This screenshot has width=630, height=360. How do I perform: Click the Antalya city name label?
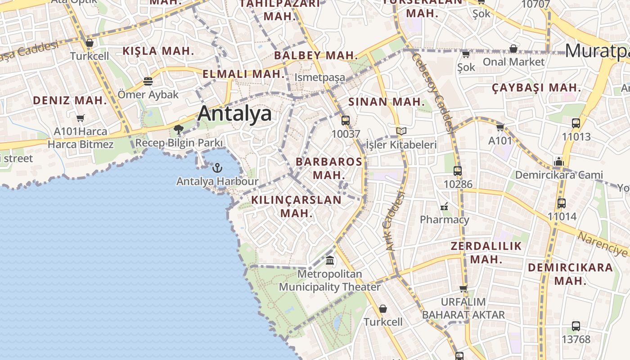(x=234, y=113)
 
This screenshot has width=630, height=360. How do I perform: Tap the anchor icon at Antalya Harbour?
(x=217, y=168)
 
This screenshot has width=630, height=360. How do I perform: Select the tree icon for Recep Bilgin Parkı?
(x=179, y=130)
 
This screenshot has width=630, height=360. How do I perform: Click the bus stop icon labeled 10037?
(x=345, y=121)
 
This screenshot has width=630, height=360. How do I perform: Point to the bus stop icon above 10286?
(x=458, y=171)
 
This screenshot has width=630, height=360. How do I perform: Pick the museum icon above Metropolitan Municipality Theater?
(x=330, y=261)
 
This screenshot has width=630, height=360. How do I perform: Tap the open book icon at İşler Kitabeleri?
(x=401, y=131)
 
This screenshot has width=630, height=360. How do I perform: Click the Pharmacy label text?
(x=444, y=220)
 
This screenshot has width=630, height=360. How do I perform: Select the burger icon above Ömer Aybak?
(x=148, y=81)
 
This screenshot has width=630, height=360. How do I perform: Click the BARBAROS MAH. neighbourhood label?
(x=328, y=168)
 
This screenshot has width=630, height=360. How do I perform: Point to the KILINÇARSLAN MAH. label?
(x=297, y=206)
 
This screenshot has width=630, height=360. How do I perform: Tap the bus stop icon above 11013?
(x=576, y=123)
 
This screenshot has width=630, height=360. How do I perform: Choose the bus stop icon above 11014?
(x=562, y=203)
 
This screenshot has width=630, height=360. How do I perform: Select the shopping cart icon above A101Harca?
(x=81, y=118)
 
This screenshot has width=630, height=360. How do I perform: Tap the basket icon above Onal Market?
(x=513, y=49)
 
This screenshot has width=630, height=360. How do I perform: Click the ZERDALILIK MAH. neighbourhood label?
(x=486, y=252)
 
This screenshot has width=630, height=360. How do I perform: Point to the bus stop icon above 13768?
(x=576, y=326)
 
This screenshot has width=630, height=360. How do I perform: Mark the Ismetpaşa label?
(x=319, y=77)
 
